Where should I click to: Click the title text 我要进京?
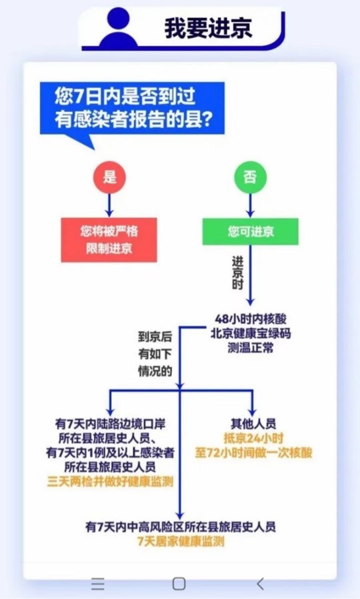click(x=208, y=27)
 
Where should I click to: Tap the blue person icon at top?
click(x=119, y=28)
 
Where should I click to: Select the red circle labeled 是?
click(x=110, y=177)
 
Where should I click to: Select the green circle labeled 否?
click(x=250, y=177)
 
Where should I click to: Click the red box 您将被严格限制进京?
click(x=109, y=240)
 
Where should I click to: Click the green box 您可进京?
click(x=250, y=231)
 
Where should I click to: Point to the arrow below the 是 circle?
click(x=110, y=205)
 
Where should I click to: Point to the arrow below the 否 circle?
click(x=250, y=205)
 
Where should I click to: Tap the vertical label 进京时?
click(x=237, y=273)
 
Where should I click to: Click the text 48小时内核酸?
click(x=250, y=318)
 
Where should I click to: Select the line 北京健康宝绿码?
click(x=250, y=333)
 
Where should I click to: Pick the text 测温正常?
click(x=250, y=348)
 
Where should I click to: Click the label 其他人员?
click(x=253, y=424)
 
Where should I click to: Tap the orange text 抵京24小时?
click(x=253, y=438)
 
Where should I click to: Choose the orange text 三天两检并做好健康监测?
click(x=110, y=481)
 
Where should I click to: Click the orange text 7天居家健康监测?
click(x=181, y=541)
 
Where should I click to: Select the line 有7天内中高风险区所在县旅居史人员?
click(x=181, y=527)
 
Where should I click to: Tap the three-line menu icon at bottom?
click(x=98, y=583)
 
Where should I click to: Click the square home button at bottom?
click(x=179, y=583)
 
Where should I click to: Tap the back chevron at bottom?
click(x=260, y=583)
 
